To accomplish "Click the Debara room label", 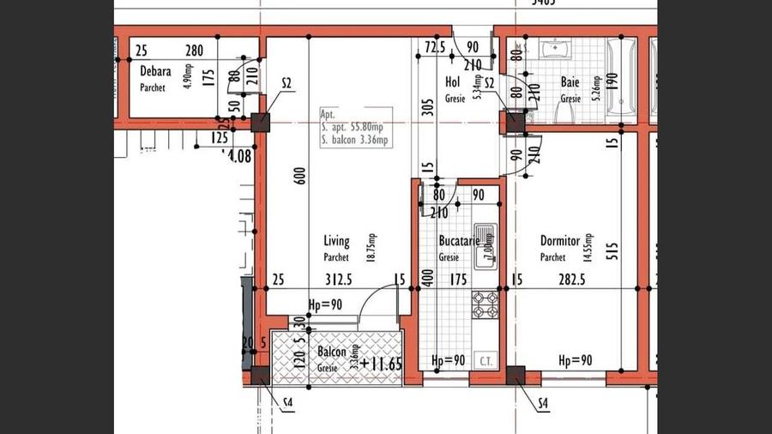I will click(156, 71).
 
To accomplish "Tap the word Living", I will click(337, 241).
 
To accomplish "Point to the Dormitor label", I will click(561, 241).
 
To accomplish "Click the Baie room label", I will click(570, 82).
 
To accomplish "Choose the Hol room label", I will click(453, 81).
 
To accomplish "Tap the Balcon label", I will click(331, 353).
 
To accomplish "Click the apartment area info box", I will click(356, 128).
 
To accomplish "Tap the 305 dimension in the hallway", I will click(427, 107).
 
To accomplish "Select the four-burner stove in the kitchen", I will click(485, 302).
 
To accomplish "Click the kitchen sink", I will click(486, 244).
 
